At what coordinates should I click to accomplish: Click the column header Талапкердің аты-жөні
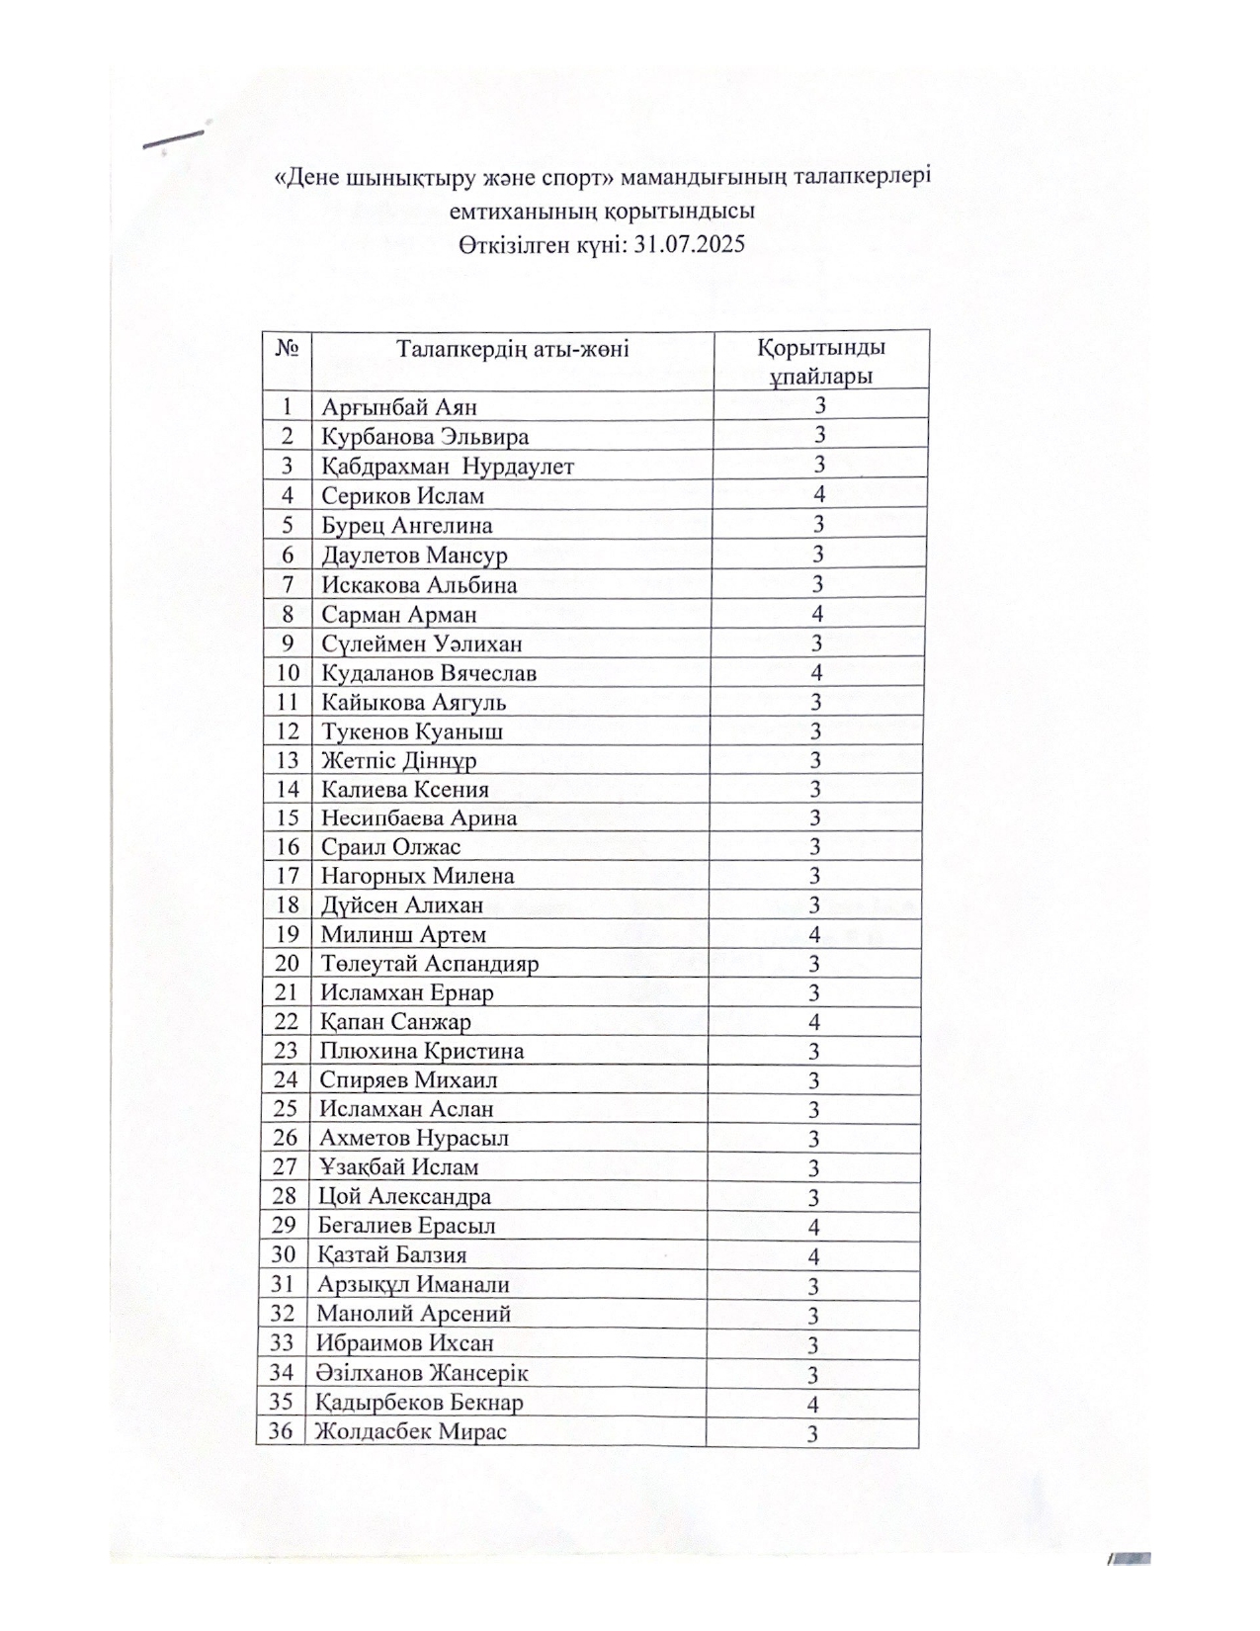512,349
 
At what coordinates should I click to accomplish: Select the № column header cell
288,349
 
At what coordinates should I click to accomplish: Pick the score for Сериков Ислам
818,494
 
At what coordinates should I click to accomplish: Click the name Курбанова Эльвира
425,437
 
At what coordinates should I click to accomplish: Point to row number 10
288,673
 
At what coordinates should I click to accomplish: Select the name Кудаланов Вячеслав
429,674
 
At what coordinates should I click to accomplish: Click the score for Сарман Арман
817,614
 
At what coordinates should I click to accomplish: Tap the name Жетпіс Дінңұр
398,761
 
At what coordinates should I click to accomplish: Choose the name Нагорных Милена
417,877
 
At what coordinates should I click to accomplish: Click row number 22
286,1022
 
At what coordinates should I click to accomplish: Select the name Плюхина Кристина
421,1052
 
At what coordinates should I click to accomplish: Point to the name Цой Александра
404,1197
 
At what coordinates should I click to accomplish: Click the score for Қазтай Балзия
814,1257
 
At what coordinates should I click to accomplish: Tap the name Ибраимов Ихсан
404,1343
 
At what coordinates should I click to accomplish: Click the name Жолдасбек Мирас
411,1431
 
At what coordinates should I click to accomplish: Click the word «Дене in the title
306,178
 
